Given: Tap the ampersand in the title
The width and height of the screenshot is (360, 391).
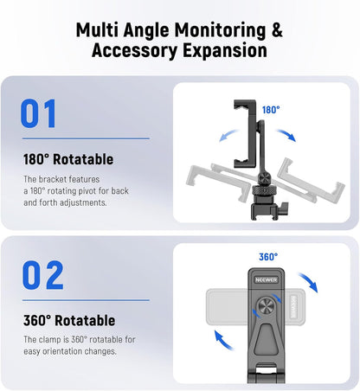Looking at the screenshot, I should tap(276, 29).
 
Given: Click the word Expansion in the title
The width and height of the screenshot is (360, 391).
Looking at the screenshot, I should tap(223, 50).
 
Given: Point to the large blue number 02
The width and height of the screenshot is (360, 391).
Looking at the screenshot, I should tap(42, 275).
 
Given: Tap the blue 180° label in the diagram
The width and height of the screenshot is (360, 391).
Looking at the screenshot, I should tap(272, 110).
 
